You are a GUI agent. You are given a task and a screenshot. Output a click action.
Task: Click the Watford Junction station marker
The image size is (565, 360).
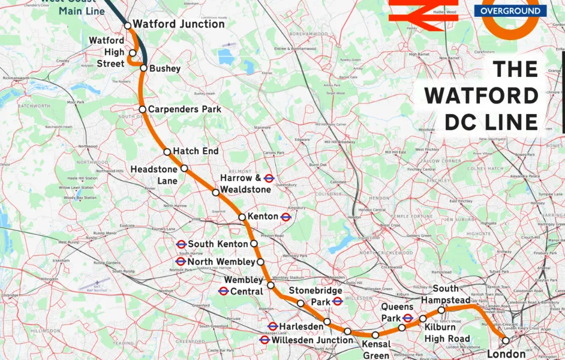(127, 25)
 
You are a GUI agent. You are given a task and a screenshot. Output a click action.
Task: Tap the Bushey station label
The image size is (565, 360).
(165, 68)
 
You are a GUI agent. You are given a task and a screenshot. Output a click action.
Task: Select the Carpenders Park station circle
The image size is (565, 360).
(143, 109)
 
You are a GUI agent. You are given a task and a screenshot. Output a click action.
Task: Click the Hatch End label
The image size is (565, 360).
(196, 151)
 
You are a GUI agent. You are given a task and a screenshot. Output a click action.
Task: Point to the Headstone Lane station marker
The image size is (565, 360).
(185, 169)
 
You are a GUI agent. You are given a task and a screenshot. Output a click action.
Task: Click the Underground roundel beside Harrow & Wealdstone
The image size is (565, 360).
(269, 178)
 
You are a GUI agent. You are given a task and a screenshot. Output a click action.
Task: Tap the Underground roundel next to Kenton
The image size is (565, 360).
(286, 217)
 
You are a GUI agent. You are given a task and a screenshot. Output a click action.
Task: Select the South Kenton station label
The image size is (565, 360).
(218, 244)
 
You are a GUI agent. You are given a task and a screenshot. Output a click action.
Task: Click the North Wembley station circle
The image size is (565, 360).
(260, 262)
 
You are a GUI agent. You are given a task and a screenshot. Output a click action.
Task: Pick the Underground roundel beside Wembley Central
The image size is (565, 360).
(223, 291)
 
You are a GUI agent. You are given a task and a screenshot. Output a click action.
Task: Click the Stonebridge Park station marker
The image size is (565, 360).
(301, 303)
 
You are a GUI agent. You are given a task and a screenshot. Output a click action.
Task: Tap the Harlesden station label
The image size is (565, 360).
(301, 326)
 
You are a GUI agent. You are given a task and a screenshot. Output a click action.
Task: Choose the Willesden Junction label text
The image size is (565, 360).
(312, 340)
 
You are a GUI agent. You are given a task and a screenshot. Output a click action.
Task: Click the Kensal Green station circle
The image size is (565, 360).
(375, 335)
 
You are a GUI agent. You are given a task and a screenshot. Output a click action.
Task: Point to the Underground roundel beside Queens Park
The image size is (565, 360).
(408, 317)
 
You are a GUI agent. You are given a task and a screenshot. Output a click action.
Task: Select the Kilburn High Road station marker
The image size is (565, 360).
(423, 319)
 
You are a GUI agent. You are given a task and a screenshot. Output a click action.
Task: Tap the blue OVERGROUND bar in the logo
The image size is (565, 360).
(510, 11)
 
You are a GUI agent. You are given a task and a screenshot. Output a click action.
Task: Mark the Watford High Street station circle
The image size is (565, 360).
(133, 53)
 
